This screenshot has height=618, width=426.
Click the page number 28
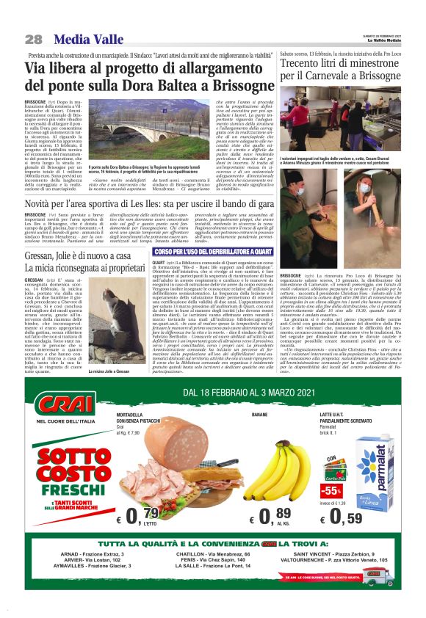[33, 39]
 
